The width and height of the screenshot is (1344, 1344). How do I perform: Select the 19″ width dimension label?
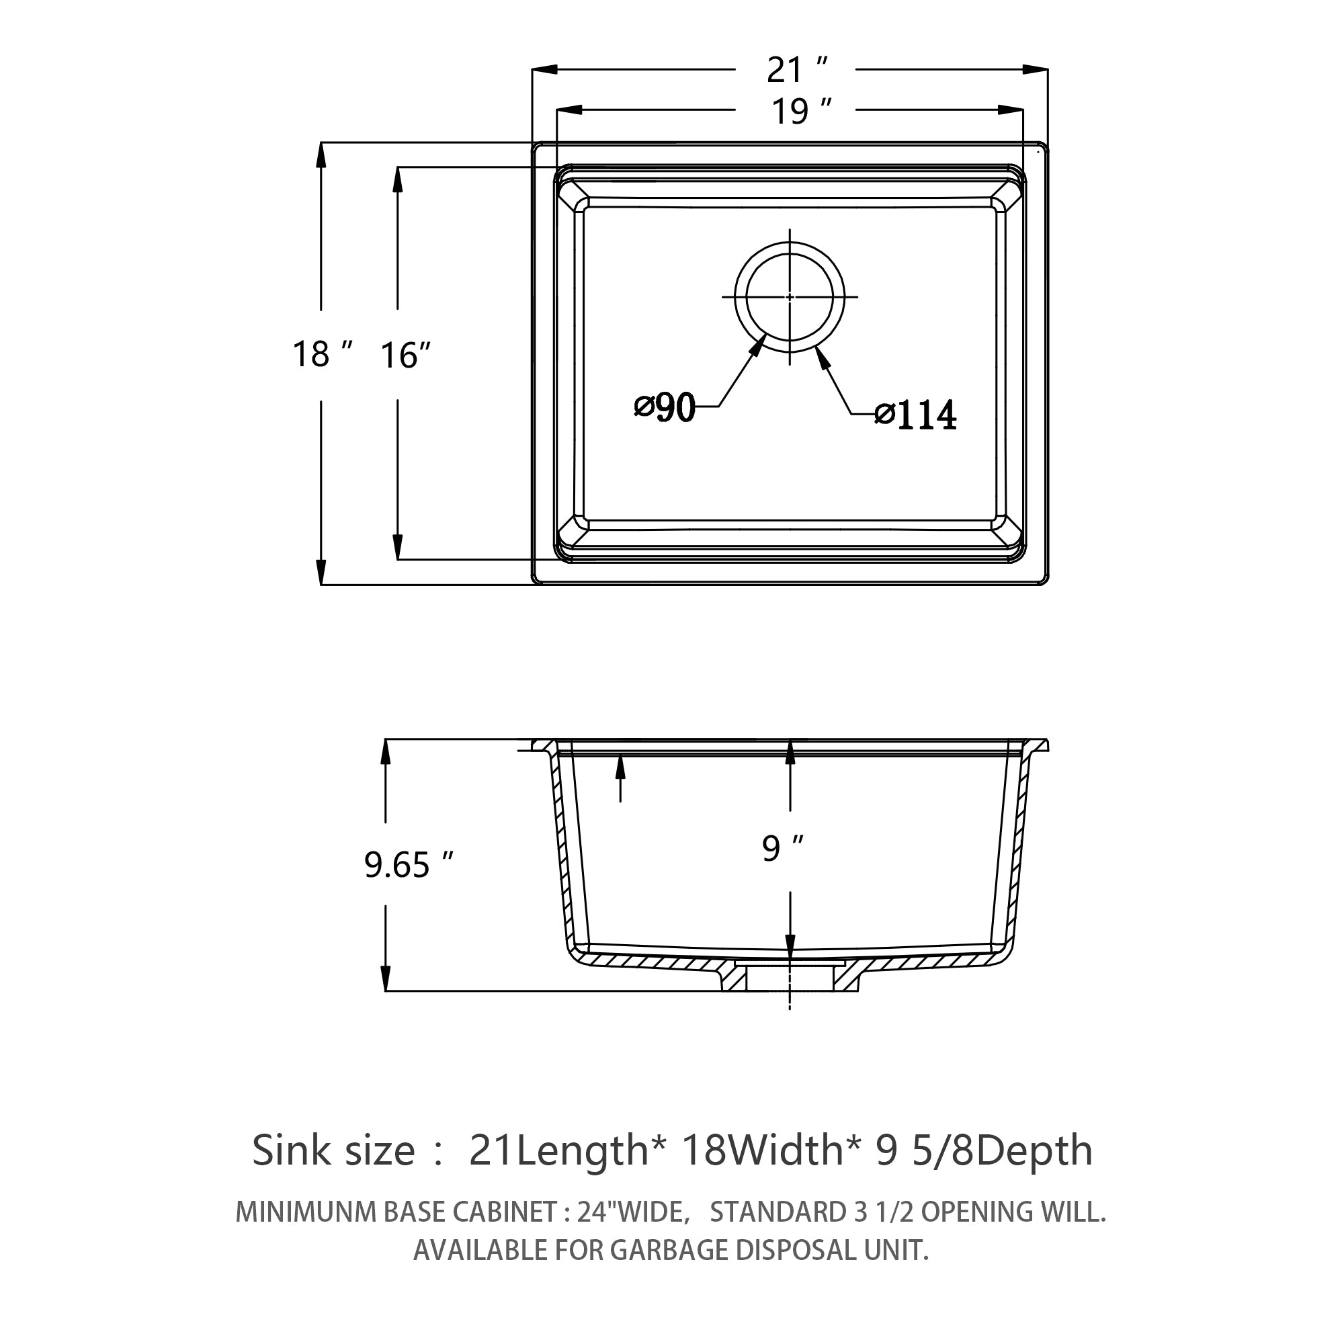[802, 112]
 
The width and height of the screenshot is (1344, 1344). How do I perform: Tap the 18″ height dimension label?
[323, 354]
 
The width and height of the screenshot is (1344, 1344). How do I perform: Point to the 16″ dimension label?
[407, 355]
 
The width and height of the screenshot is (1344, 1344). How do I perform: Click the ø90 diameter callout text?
[665, 407]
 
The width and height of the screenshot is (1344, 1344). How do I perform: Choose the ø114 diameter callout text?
[916, 415]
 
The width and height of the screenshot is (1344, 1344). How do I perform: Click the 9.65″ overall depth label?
[409, 866]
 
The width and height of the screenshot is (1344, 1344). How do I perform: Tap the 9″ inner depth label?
[784, 848]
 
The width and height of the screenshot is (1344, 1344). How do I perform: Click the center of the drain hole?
[790, 296]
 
